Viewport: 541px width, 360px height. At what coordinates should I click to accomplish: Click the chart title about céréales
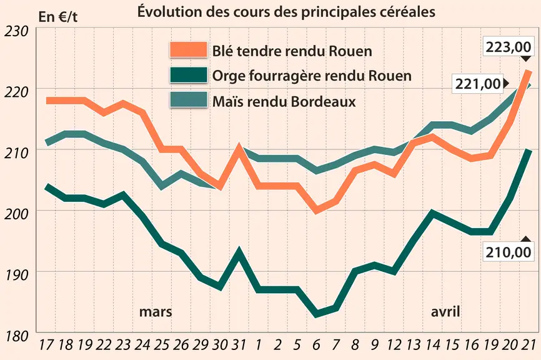coord(286,12)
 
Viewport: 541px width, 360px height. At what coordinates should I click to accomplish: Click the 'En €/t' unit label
coord(58,17)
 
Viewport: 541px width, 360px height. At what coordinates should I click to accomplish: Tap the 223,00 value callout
coord(509,47)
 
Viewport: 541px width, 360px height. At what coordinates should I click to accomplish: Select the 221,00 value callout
coord(478,84)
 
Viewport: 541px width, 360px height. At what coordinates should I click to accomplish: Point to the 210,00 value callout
coord(509,252)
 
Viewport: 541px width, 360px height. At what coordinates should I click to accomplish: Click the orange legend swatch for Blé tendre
coord(189,50)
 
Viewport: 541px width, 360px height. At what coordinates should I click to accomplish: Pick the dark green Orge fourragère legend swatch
coord(189,75)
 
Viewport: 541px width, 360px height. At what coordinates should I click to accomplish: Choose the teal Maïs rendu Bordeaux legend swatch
coord(189,100)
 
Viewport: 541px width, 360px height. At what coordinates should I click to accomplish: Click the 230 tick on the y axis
coord(16,31)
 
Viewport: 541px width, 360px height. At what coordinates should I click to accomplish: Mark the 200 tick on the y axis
coord(16,214)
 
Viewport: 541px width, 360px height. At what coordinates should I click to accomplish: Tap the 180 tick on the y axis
coord(16,336)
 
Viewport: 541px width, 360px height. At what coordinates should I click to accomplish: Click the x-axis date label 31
coord(239,344)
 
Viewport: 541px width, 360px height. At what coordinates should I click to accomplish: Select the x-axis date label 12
coord(394,344)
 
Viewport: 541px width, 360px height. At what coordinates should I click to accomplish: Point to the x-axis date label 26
coord(181,344)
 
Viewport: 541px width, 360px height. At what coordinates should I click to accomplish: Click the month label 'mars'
coord(156,312)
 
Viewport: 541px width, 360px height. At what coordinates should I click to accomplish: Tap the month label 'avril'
coord(445,312)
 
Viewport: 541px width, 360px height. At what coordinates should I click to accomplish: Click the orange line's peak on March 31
coord(239,147)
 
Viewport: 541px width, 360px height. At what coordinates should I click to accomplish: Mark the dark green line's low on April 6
coord(316,314)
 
